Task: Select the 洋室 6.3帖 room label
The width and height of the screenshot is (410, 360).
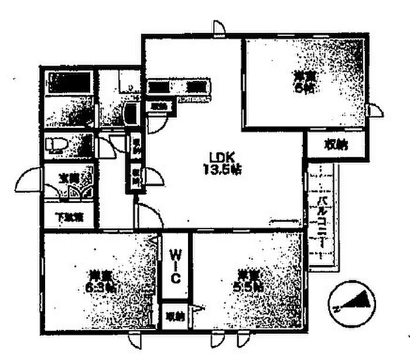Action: tap(101, 281)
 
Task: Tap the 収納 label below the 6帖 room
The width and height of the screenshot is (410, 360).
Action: tap(335, 145)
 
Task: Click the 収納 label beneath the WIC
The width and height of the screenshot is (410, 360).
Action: tap(175, 317)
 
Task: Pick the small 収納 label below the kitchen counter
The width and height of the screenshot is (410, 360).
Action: tap(158, 106)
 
